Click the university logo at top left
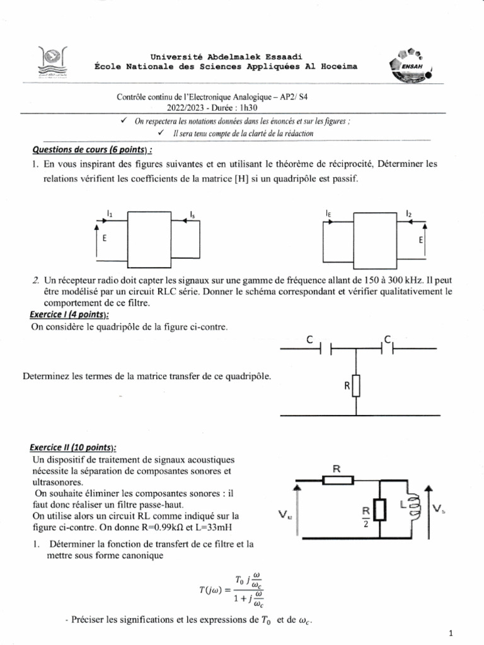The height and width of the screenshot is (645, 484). tap(55, 62)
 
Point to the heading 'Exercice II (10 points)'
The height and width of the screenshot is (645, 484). tap(74, 447)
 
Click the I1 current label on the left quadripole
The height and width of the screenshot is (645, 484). tap(110, 214)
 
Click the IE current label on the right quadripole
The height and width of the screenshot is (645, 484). tap(329, 214)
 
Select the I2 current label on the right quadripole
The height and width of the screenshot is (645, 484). tap(409, 214)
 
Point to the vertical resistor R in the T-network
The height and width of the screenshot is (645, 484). tap(356, 385)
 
